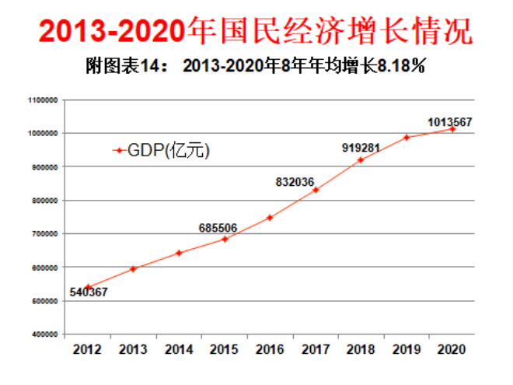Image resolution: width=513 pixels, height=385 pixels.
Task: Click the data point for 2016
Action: (270, 218)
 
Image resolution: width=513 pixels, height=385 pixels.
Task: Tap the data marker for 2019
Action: (406, 138)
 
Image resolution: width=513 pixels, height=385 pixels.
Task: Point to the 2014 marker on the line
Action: (179, 253)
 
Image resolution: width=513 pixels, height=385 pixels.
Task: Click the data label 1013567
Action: (450, 122)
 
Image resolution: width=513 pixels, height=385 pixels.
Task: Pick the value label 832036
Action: (295, 182)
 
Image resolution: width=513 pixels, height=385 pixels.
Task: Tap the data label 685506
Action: (218, 228)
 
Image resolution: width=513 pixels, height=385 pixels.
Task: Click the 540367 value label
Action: (89, 292)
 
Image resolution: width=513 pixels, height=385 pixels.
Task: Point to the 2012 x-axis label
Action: (88, 349)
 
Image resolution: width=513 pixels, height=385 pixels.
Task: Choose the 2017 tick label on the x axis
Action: (316, 349)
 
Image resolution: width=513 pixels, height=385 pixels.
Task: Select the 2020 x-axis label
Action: (452, 349)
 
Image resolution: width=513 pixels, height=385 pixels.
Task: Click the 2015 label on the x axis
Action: (225, 349)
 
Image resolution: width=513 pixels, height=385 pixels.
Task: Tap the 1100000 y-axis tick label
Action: (44, 100)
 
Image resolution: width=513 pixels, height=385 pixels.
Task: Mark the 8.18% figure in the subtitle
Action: (401, 67)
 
